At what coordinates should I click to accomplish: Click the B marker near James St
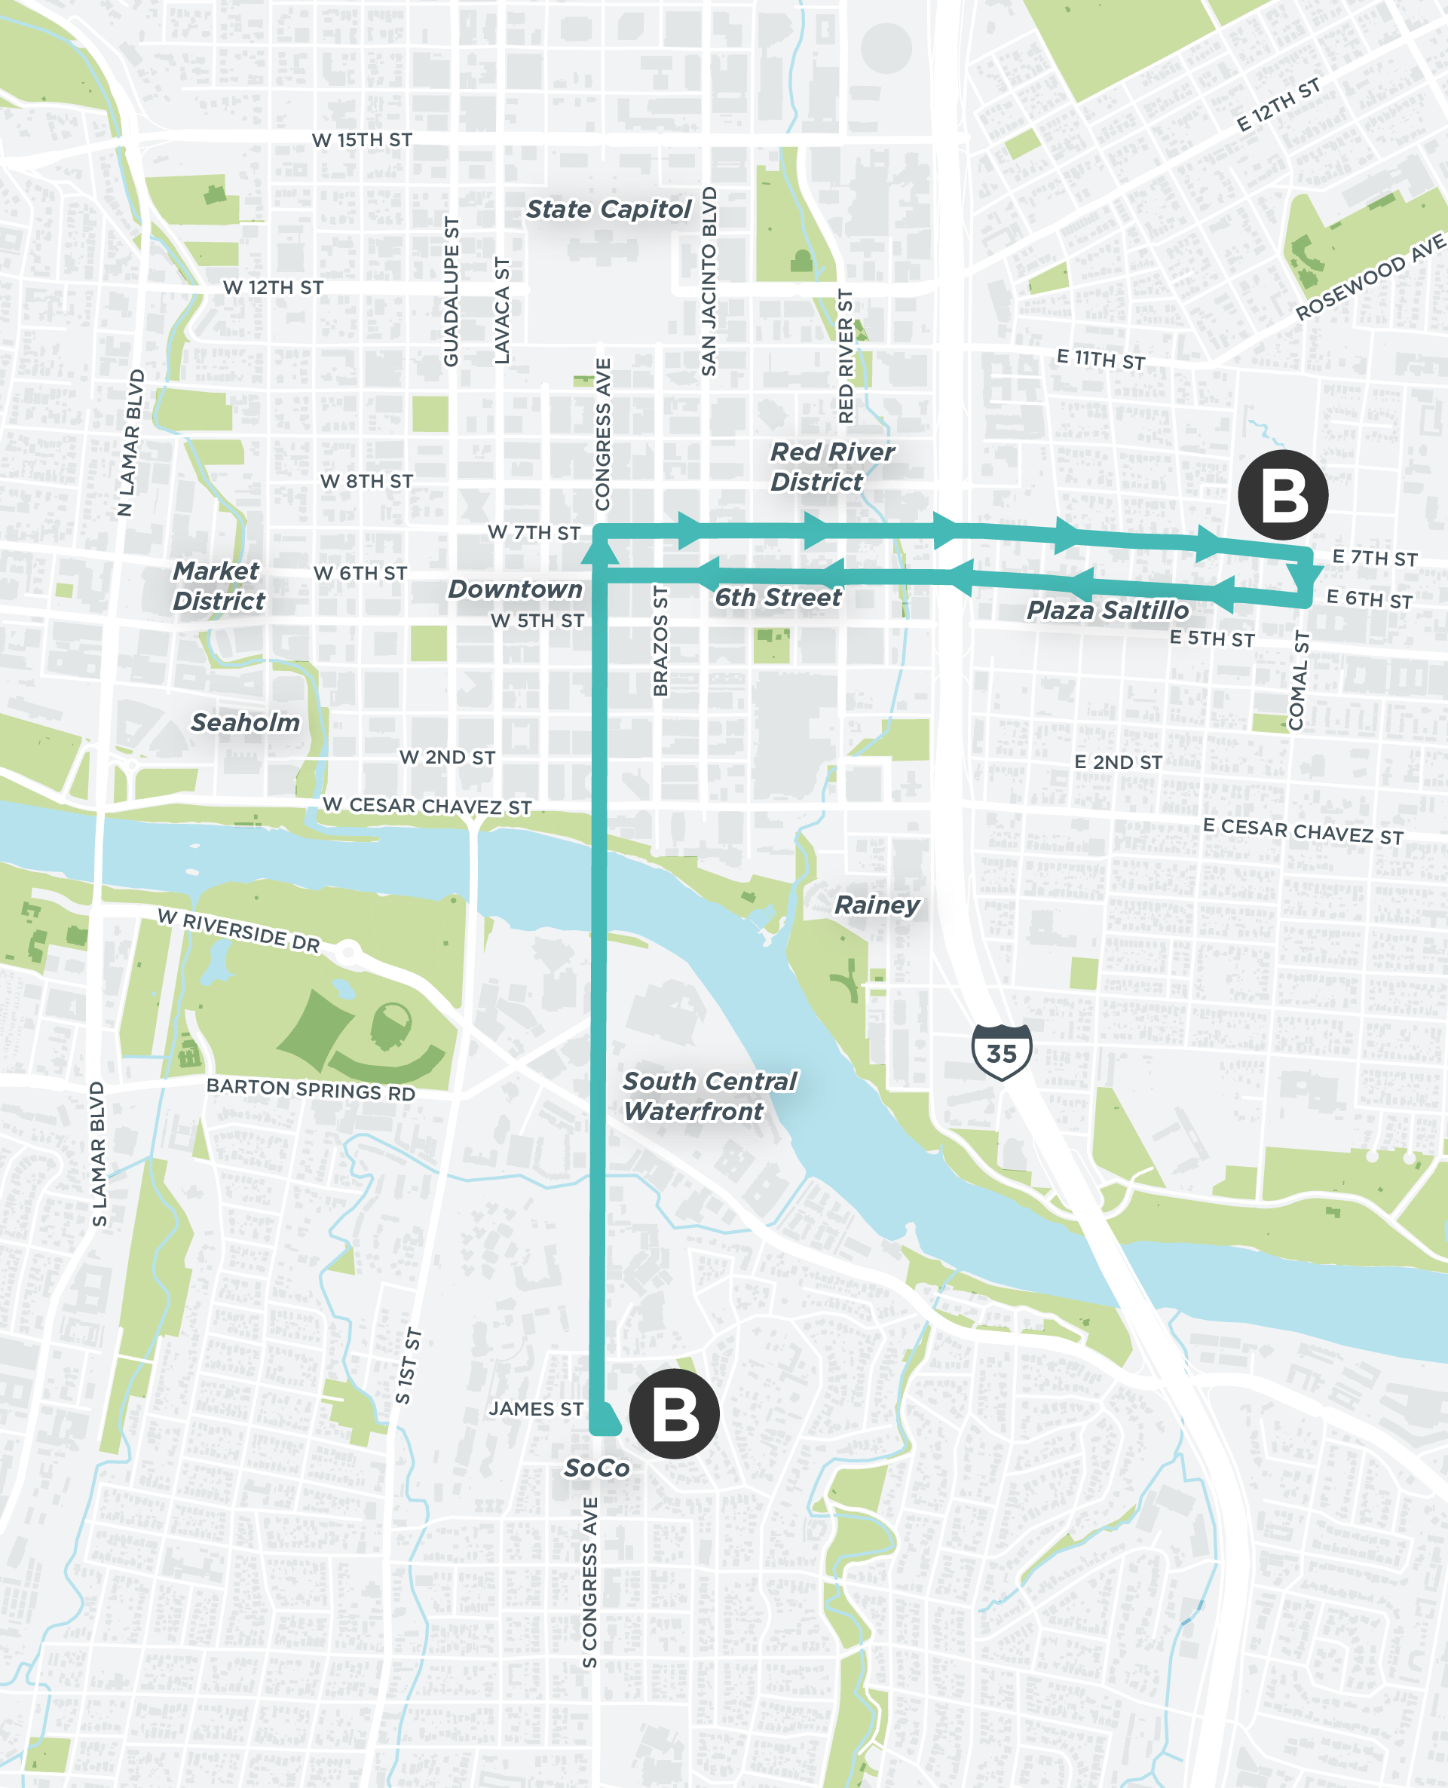pos(674,1413)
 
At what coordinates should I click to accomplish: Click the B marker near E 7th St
pos(1283,495)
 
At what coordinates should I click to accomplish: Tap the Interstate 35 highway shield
pos(1001,1052)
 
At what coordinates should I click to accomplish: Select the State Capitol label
pos(608,210)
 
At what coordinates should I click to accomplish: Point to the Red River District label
pos(831,467)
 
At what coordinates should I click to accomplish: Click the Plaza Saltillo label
pos(1107,611)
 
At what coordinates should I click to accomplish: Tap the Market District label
pos(218,586)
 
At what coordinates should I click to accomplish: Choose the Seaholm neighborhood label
pos(245,722)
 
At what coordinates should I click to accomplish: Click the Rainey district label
pos(877,905)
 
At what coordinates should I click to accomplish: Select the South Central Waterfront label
pos(709,1096)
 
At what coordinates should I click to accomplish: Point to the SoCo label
pos(596,1468)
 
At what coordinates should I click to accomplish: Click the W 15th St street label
pos(362,140)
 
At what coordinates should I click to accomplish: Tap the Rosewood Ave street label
pos(1370,276)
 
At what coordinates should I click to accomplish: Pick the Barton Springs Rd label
pos(311,1089)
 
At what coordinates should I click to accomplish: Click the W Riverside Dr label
pos(238,931)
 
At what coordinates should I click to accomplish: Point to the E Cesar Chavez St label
pos(1302,831)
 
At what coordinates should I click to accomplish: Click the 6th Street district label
pos(777,598)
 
